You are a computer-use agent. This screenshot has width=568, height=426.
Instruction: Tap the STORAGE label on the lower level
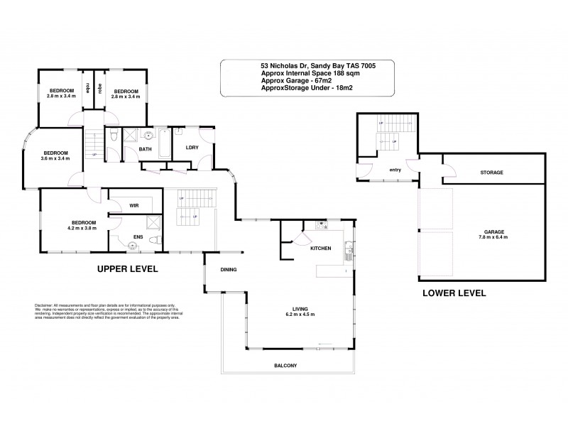coord(491,173)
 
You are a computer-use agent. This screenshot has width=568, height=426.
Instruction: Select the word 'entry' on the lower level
coord(395,170)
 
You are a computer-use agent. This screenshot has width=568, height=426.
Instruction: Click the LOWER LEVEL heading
coord(454,293)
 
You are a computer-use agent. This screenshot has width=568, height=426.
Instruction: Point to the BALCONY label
coord(285,366)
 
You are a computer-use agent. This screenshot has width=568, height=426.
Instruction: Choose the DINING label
coord(228,270)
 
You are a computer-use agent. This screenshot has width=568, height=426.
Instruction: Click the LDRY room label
coord(191,148)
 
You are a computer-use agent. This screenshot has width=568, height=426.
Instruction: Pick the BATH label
coord(145,150)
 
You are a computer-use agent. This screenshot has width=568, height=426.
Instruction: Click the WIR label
coord(133,206)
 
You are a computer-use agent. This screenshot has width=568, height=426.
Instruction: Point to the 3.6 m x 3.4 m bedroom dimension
coord(55,159)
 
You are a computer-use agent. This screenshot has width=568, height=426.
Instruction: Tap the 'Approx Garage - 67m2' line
coord(290,82)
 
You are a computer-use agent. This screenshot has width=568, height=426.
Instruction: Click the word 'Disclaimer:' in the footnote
coord(44,303)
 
